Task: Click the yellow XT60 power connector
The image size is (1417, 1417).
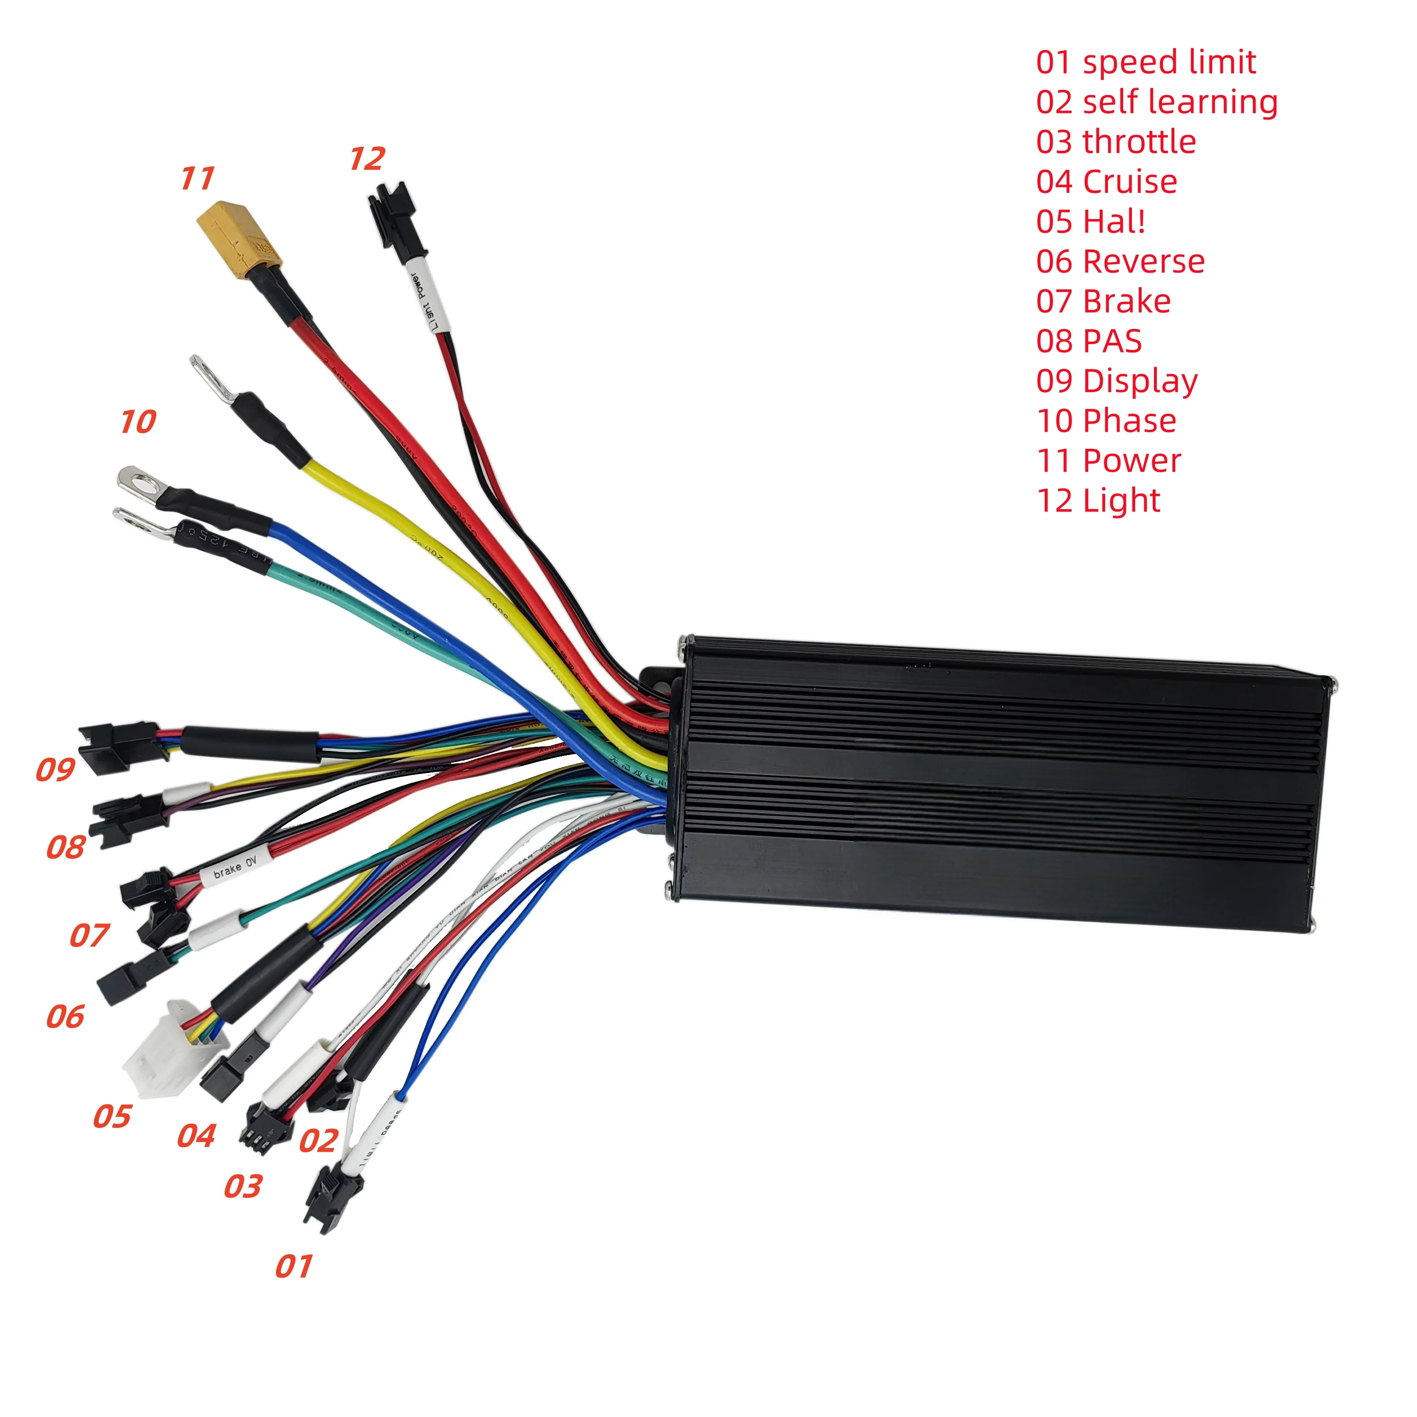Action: click(x=238, y=235)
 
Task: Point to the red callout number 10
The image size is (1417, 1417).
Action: click(x=138, y=422)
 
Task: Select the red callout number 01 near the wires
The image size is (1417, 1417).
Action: click(x=293, y=1267)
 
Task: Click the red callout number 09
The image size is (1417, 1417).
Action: click(x=56, y=769)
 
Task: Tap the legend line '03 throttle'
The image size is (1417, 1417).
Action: click(x=1115, y=142)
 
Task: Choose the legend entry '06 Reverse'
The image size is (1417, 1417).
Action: click(x=1120, y=261)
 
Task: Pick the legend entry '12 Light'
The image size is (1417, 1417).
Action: click(x=1098, y=501)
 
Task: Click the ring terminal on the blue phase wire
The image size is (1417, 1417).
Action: click(x=141, y=484)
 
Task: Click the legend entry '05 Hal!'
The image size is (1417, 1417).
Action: click(x=1090, y=221)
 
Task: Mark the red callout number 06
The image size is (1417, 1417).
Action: click(x=65, y=1017)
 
